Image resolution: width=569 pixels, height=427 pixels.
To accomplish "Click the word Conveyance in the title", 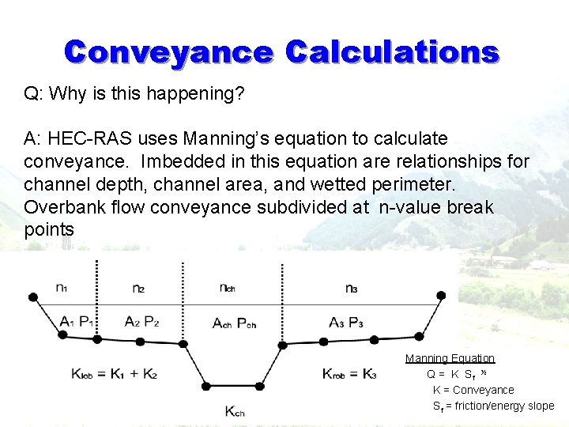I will (168, 52).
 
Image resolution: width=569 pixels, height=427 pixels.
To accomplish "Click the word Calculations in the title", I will (392, 52).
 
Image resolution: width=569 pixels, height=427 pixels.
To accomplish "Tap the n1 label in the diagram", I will (62, 287).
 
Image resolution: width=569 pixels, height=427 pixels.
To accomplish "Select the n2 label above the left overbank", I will (138, 288).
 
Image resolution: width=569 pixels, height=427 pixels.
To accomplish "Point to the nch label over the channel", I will (228, 287).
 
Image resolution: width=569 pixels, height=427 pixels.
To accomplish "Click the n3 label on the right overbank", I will (352, 288).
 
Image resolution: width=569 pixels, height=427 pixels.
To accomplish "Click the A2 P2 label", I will (141, 321).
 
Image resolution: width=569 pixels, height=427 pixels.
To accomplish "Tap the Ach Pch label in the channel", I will (235, 322).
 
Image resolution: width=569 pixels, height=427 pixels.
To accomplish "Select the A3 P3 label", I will (346, 321).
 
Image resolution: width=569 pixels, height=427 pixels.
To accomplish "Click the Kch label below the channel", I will (236, 410).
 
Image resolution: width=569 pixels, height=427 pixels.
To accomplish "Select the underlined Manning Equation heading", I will (450, 358).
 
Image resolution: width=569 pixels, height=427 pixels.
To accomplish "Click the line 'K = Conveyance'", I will (473, 390).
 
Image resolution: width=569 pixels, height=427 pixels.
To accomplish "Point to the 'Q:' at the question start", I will (33, 93).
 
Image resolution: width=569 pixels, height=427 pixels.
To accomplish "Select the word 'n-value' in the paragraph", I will (409, 207).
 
